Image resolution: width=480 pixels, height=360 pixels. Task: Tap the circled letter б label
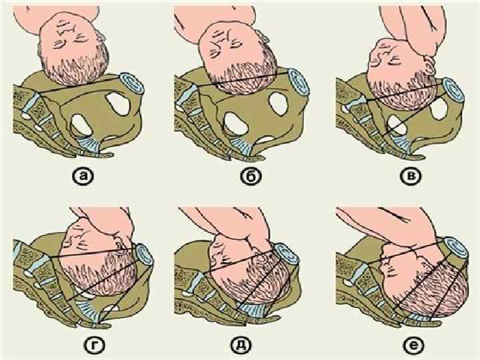[x=251, y=177]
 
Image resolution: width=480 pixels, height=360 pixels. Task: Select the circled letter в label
[x=411, y=176]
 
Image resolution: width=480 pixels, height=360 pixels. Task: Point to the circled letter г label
[x=95, y=345]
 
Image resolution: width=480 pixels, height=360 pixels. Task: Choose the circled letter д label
[x=241, y=345]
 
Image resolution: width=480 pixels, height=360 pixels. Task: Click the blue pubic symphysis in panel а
[x=132, y=83]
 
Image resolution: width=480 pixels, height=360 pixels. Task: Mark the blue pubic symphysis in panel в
[x=453, y=91]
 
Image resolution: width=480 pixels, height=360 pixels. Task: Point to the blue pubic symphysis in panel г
[x=145, y=254]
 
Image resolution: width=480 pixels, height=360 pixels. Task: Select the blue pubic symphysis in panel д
[x=287, y=255]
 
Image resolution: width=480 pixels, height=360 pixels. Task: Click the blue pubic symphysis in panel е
[x=456, y=247]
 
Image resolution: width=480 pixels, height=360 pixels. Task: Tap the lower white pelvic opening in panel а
[x=81, y=125]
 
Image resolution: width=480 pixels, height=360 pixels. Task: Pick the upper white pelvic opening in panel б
[x=279, y=103]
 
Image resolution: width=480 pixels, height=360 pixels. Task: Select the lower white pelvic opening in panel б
[x=236, y=124]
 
